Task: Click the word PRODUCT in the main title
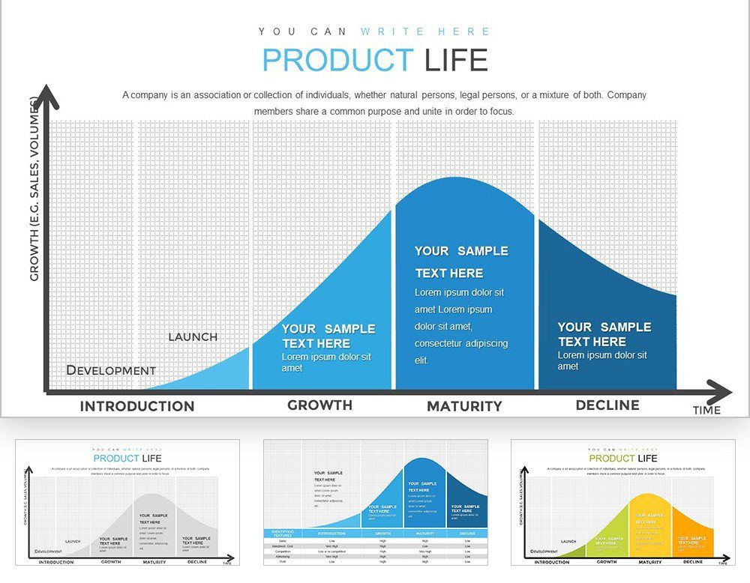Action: click(x=337, y=60)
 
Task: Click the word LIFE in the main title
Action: click(x=456, y=60)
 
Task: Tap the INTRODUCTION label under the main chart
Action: click(x=137, y=406)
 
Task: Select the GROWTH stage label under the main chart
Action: click(x=319, y=405)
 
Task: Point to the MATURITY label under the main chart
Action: click(x=464, y=406)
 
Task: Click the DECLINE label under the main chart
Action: click(x=607, y=405)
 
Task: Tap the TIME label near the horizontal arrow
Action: click(x=706, y=410)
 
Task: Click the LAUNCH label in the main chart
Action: click(x=193, y=336)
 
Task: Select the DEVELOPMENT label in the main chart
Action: click(x=111, y=369)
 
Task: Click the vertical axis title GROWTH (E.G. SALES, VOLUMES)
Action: click(x=34, y=189)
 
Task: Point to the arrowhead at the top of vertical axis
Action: click(x=47, y=95)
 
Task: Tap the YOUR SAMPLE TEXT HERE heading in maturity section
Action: click(x=461, y=262)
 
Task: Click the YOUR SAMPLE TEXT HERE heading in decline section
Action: click(x=604, y=333)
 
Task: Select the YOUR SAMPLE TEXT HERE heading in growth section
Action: click(x=328, y=336)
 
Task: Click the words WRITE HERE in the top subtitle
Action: click(x=425, y=31)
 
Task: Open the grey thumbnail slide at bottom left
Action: click(x=127, y=502)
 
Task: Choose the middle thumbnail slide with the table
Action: click(x=375, y=502)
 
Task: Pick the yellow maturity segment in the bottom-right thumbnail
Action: click(x=650, y=525)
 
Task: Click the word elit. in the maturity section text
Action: click(x=422, y=360)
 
